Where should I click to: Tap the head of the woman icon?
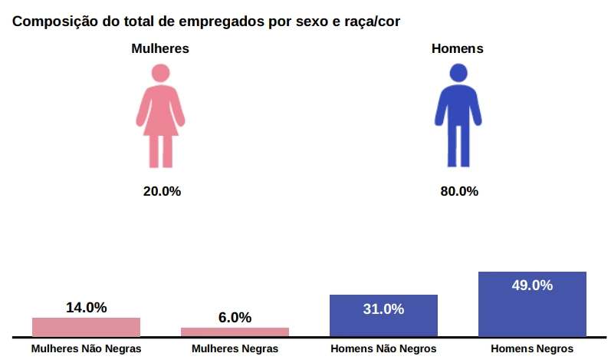[161, 73]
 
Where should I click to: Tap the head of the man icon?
[458, 74]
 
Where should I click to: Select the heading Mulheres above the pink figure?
[160, 48]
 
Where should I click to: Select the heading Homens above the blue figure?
[458, 48]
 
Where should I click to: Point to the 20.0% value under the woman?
[162, 191]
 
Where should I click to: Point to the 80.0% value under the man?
[459, 191]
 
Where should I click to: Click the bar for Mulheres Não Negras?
[86, 327]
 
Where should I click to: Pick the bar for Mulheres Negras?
[235, 332]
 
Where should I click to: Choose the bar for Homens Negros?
[532, 307]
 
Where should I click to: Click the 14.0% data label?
[86, 308]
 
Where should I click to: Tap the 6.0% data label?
[235, 318]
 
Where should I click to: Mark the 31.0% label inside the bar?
[383, 309]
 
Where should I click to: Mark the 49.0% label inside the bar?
[532, 285]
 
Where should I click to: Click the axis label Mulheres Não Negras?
[86, 348]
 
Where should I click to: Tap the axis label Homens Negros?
[532, 348]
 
